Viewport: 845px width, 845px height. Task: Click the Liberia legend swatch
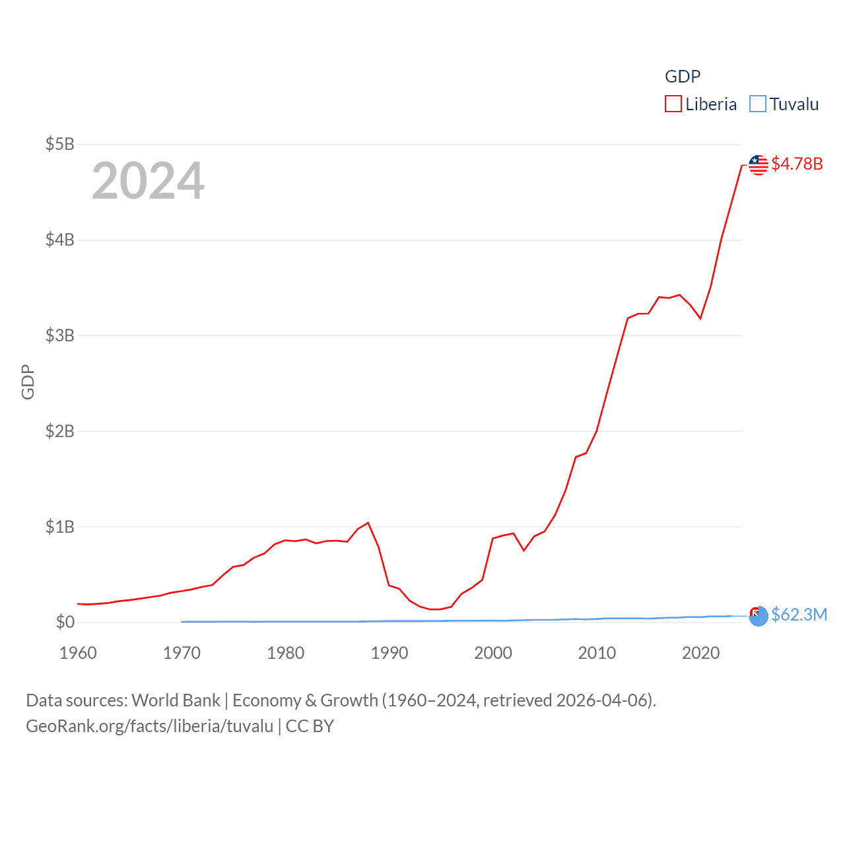(673, 104)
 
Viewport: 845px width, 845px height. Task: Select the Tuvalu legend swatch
(758, 104)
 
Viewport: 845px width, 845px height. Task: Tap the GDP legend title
(683, 77)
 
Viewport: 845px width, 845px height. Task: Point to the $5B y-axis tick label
(59, 144)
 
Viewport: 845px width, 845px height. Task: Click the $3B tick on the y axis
(59, 335)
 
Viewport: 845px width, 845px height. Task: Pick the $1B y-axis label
(59, 527)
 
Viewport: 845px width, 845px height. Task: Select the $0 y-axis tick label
(65, 622)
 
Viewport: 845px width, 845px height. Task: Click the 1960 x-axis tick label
(78, 653)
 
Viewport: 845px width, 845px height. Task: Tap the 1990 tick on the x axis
(389, 653)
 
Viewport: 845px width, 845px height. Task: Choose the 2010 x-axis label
(597, 653)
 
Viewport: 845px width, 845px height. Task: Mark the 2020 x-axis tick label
(700, 653)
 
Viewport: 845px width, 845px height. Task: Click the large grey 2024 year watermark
(148, 180)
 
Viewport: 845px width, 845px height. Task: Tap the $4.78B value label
(797, 164)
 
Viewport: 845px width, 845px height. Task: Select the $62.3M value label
(799, 615)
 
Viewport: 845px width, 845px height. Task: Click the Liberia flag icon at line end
(759, 164)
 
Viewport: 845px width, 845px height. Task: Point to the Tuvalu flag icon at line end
(759, 616)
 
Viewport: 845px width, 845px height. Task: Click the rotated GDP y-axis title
(28, 382)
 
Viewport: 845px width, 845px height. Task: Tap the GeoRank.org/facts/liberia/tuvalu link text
(149, 726)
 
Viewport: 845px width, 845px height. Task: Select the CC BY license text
(310, 726)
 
